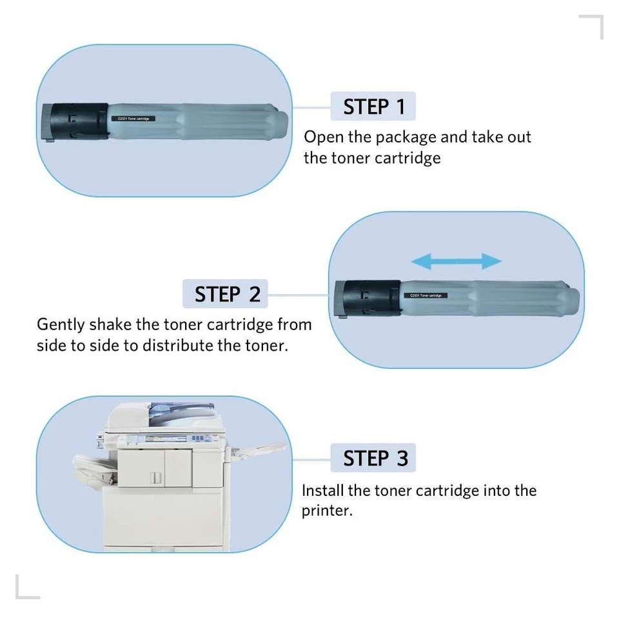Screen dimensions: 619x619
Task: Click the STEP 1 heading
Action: click(x=373, y=106)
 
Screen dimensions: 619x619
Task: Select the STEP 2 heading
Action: click(x=227, y=294)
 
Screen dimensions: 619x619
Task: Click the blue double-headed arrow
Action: click(x=456, y=261)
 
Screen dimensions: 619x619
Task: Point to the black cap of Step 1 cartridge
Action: click(x=75, y=121)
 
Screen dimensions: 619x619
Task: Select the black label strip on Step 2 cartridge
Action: click(x=426, y=295)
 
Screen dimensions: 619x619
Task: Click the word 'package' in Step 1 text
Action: click(x=406, y=137)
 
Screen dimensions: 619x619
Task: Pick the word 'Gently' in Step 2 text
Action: click(x=61, y=324)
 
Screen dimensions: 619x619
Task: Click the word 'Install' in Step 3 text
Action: click(x=323, y=491)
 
